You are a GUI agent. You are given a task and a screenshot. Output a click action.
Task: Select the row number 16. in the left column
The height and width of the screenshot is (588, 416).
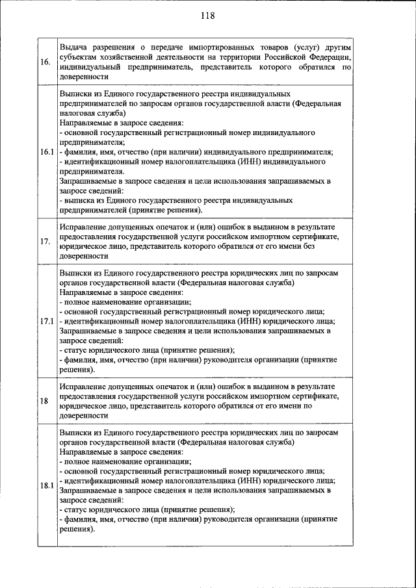(x=46, y=62)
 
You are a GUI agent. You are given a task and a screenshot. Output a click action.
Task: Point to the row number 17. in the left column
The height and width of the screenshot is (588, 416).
(x=46, y=242)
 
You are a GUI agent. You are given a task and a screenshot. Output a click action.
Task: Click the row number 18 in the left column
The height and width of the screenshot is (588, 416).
(x=44, y=400)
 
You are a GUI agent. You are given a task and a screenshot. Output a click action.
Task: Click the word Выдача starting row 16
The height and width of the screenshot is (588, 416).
(x=75, y=47)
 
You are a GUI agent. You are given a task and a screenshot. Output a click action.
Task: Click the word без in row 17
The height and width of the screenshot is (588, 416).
(x=324, y=247)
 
